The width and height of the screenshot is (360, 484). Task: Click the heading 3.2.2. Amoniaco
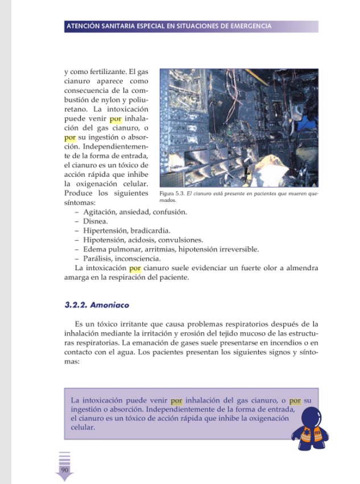click(x=97, y=305)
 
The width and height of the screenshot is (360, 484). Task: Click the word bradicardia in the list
click(x=150, y=230)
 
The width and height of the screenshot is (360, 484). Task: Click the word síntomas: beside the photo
click(x=80, y=202)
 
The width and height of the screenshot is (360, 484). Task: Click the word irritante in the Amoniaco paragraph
click(x=133, y=324)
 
